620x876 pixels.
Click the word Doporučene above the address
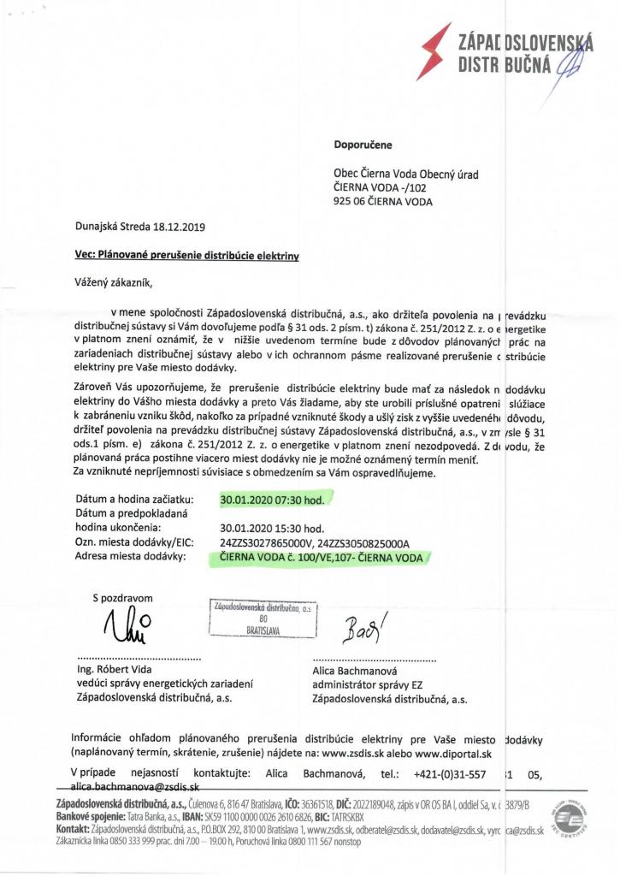tap(363, 145)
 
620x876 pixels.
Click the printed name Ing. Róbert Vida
tap(116, 672)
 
